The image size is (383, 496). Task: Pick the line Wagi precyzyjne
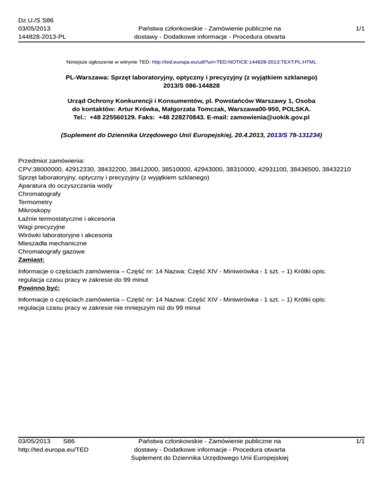(41, 227)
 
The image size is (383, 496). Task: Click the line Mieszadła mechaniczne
(52, 243)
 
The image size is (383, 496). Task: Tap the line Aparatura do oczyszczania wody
(65, 186)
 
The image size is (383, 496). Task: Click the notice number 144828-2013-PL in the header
(42, 37)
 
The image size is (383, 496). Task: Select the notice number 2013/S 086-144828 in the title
(191, 86)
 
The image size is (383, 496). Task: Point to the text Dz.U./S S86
(35, 20)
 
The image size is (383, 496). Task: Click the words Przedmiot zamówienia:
(51, 161)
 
